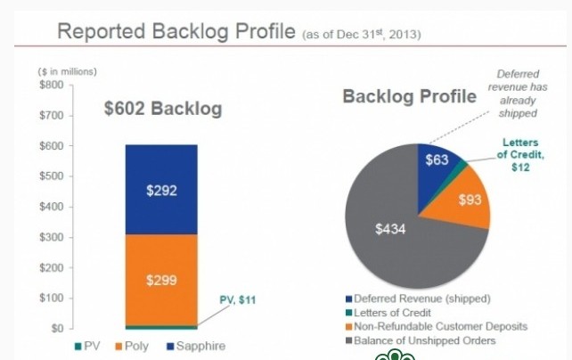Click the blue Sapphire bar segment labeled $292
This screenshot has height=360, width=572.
161,190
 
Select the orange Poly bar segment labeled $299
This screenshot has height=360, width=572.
161,279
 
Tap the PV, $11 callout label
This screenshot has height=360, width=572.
237,300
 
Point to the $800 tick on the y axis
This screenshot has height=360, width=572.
52,85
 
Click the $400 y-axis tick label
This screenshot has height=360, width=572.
52,207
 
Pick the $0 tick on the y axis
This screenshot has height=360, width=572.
57,329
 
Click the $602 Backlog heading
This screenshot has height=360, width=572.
162,110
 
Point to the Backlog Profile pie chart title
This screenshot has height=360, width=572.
409,96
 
